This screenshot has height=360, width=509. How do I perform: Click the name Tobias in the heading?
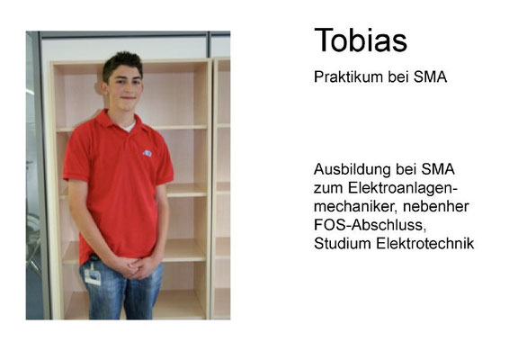[361, 40]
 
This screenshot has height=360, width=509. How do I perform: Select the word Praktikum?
[344, 77]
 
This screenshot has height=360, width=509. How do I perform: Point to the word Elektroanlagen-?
[403, 188]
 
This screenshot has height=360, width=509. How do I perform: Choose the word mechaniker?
[355, 206]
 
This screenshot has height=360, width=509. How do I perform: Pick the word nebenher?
[436, 206]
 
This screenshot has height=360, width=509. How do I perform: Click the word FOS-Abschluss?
[370, 225]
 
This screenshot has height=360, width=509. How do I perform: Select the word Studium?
[343, 243]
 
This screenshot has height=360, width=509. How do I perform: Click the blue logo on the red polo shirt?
[147, 153]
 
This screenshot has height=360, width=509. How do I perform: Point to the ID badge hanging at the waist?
[93, 274]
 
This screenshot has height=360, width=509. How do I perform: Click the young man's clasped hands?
[137, 267]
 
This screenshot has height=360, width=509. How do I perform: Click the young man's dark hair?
[122, 63]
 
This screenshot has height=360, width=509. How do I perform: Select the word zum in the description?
[328, 189]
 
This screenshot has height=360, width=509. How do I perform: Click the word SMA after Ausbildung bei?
[438, 169]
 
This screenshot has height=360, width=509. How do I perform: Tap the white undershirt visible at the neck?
[129, 127]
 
